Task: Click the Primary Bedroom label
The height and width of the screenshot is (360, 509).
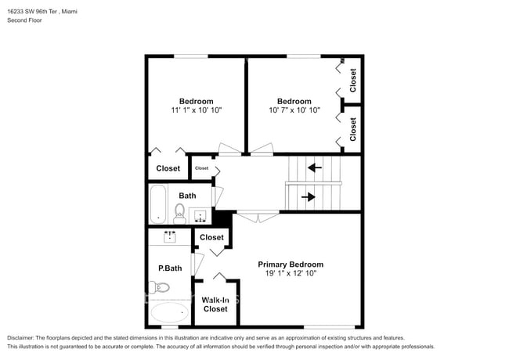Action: [291, 265]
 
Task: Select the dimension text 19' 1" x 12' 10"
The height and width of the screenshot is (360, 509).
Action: [291, 274]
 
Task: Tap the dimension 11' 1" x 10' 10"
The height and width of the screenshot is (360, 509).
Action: [196, 111]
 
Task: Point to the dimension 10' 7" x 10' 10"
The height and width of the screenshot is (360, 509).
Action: [294, 111]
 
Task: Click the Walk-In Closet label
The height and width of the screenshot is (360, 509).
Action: [215, 304]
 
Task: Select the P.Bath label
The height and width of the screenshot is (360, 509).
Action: [170, 268]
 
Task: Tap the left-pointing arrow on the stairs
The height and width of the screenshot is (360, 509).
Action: [315, 167]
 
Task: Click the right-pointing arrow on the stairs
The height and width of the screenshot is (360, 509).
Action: [308, 197]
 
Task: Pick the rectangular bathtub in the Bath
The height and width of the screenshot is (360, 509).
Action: [157, 203]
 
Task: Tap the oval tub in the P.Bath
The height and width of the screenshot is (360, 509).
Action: [171, 315]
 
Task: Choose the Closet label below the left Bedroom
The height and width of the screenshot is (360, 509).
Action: [168, 168]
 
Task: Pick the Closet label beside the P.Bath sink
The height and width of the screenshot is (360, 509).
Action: [211, 237]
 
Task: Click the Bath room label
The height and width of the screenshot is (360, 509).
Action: [187, 196]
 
